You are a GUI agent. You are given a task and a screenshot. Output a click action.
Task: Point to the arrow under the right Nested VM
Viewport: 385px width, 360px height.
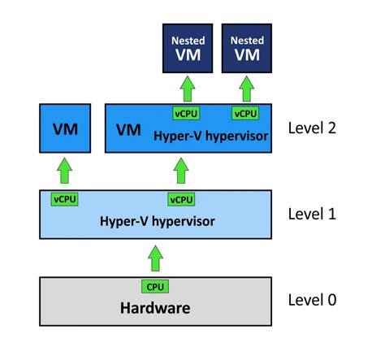(246, 88)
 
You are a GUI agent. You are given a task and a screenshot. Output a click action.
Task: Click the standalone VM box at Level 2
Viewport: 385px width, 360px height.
(66, 129)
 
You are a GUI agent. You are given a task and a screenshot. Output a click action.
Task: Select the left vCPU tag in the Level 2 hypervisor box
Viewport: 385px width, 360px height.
(185, 113)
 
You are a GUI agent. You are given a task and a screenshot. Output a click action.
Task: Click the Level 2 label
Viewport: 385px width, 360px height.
(313, 128)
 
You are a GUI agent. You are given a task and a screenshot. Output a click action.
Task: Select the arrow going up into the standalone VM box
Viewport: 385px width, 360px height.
(66, 171)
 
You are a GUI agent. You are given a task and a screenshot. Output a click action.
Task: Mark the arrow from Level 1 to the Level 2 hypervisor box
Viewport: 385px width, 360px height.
(181, 171)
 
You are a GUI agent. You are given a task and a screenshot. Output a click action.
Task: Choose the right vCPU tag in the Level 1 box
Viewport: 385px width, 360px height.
(180, 199)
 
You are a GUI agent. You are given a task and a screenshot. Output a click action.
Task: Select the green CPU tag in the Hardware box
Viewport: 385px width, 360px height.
(154, 286)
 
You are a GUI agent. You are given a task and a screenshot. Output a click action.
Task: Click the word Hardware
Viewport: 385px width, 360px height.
(154, 308)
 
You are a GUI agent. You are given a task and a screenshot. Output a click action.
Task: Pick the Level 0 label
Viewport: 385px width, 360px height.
(313, 300)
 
